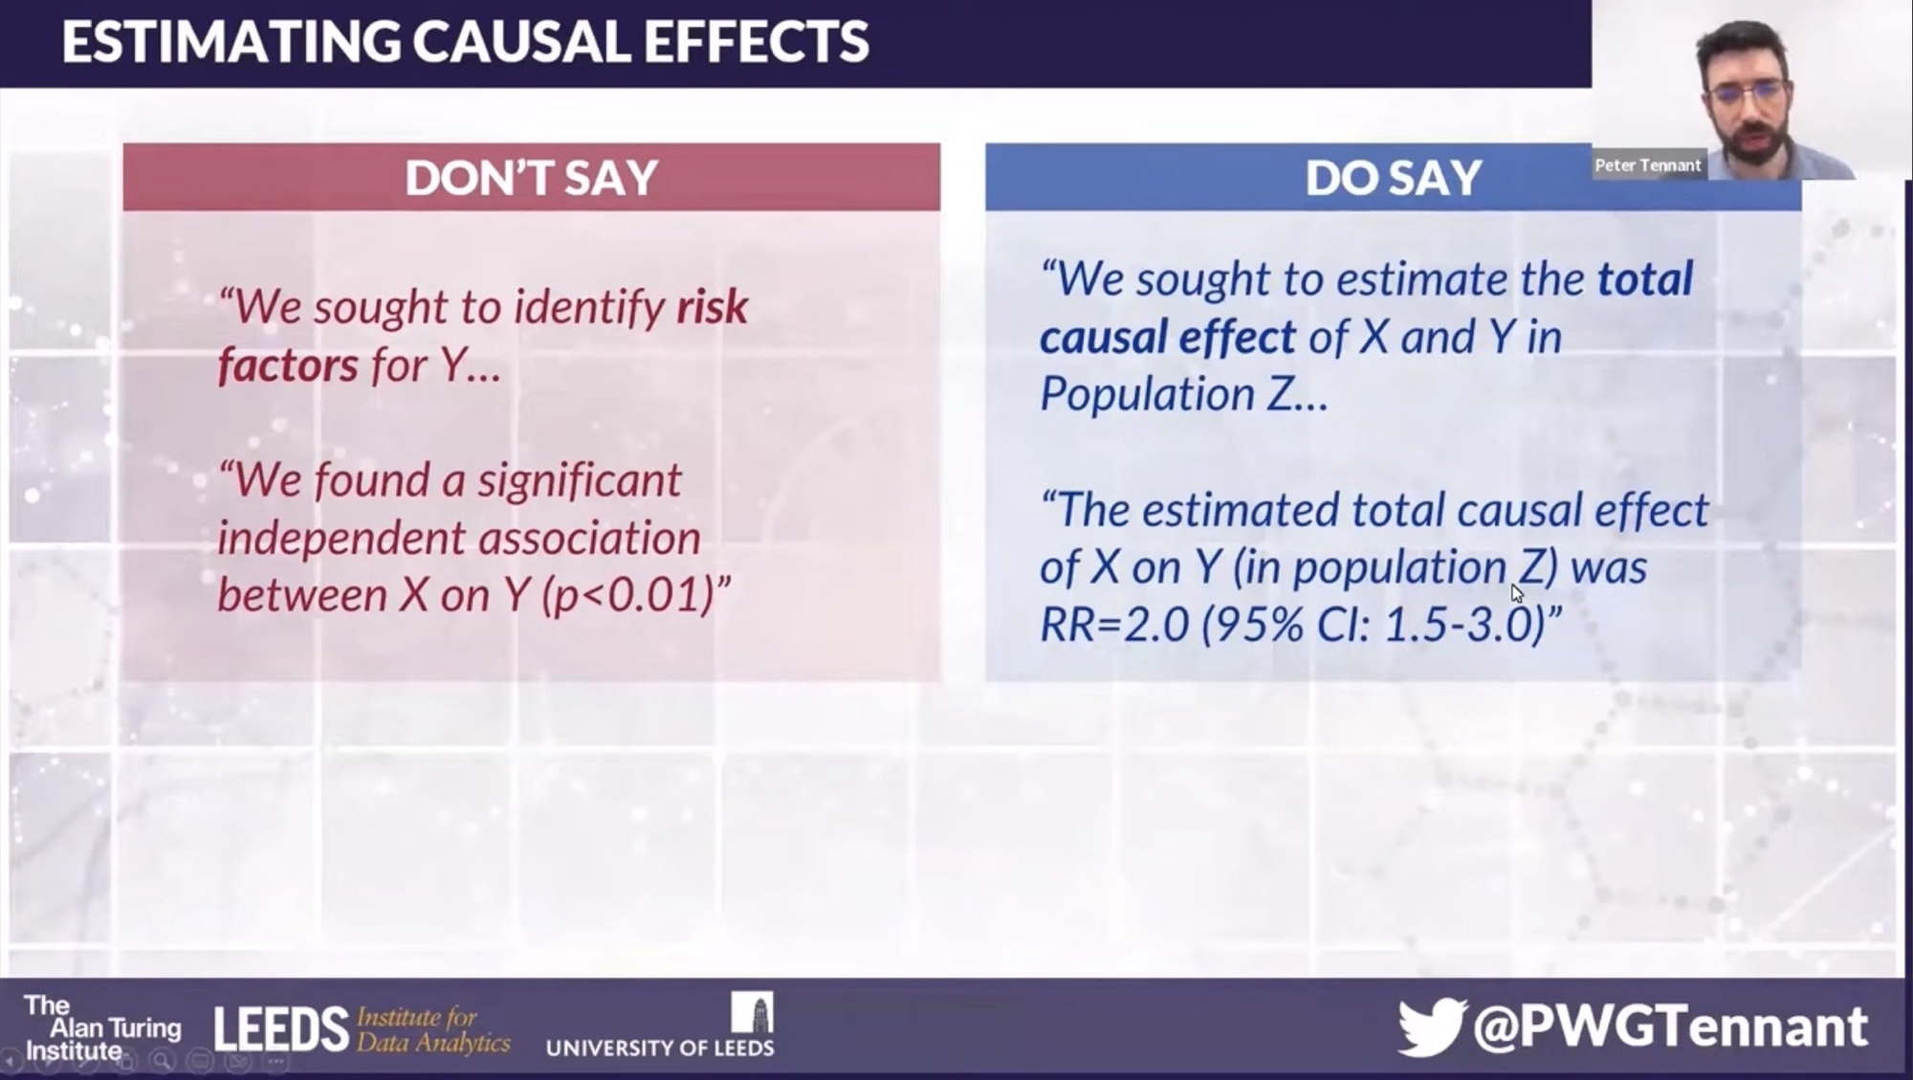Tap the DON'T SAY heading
[532, 178]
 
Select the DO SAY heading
[1394, 178]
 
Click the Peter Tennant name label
[1648, 165]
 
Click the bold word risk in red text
[713, 307]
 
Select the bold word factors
[288, 365]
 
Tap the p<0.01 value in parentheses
[627, 595]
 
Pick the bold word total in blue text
[1645, 279]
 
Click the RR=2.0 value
[1114, 625]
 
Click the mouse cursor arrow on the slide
[1517, 593]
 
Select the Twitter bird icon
[1431, 1026]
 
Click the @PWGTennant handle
[1670, 1026]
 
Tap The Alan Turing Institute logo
[102, 1028]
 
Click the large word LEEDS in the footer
[281, 1029]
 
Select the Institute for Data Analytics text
[433, 1029]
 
